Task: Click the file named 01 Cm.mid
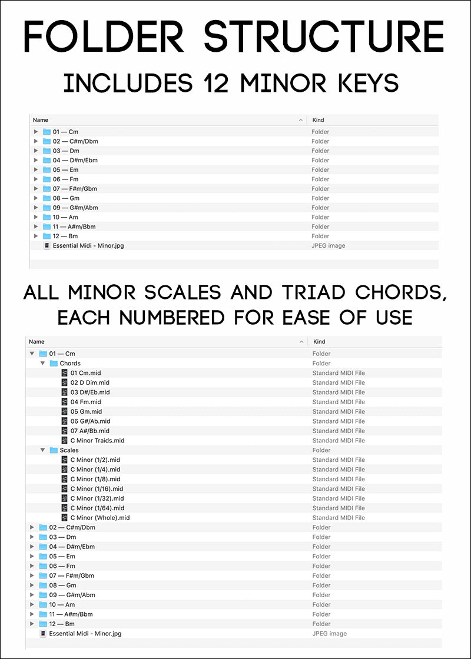[85, 373]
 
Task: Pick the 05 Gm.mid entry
[86, 412]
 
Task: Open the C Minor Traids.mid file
[97, 441]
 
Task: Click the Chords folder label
[70, 364]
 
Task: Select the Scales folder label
[69, 450]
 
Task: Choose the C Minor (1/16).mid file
[97, 489]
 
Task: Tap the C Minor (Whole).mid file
[99, 518]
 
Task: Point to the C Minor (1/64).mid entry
[97, 508]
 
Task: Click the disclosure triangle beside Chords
[42, 364]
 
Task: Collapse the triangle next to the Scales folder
[42, 450]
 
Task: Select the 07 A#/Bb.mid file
[90, 431]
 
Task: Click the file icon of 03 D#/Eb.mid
[65, 392]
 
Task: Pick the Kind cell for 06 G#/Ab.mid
[339, 421]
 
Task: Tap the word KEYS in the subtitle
[367, 83]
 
